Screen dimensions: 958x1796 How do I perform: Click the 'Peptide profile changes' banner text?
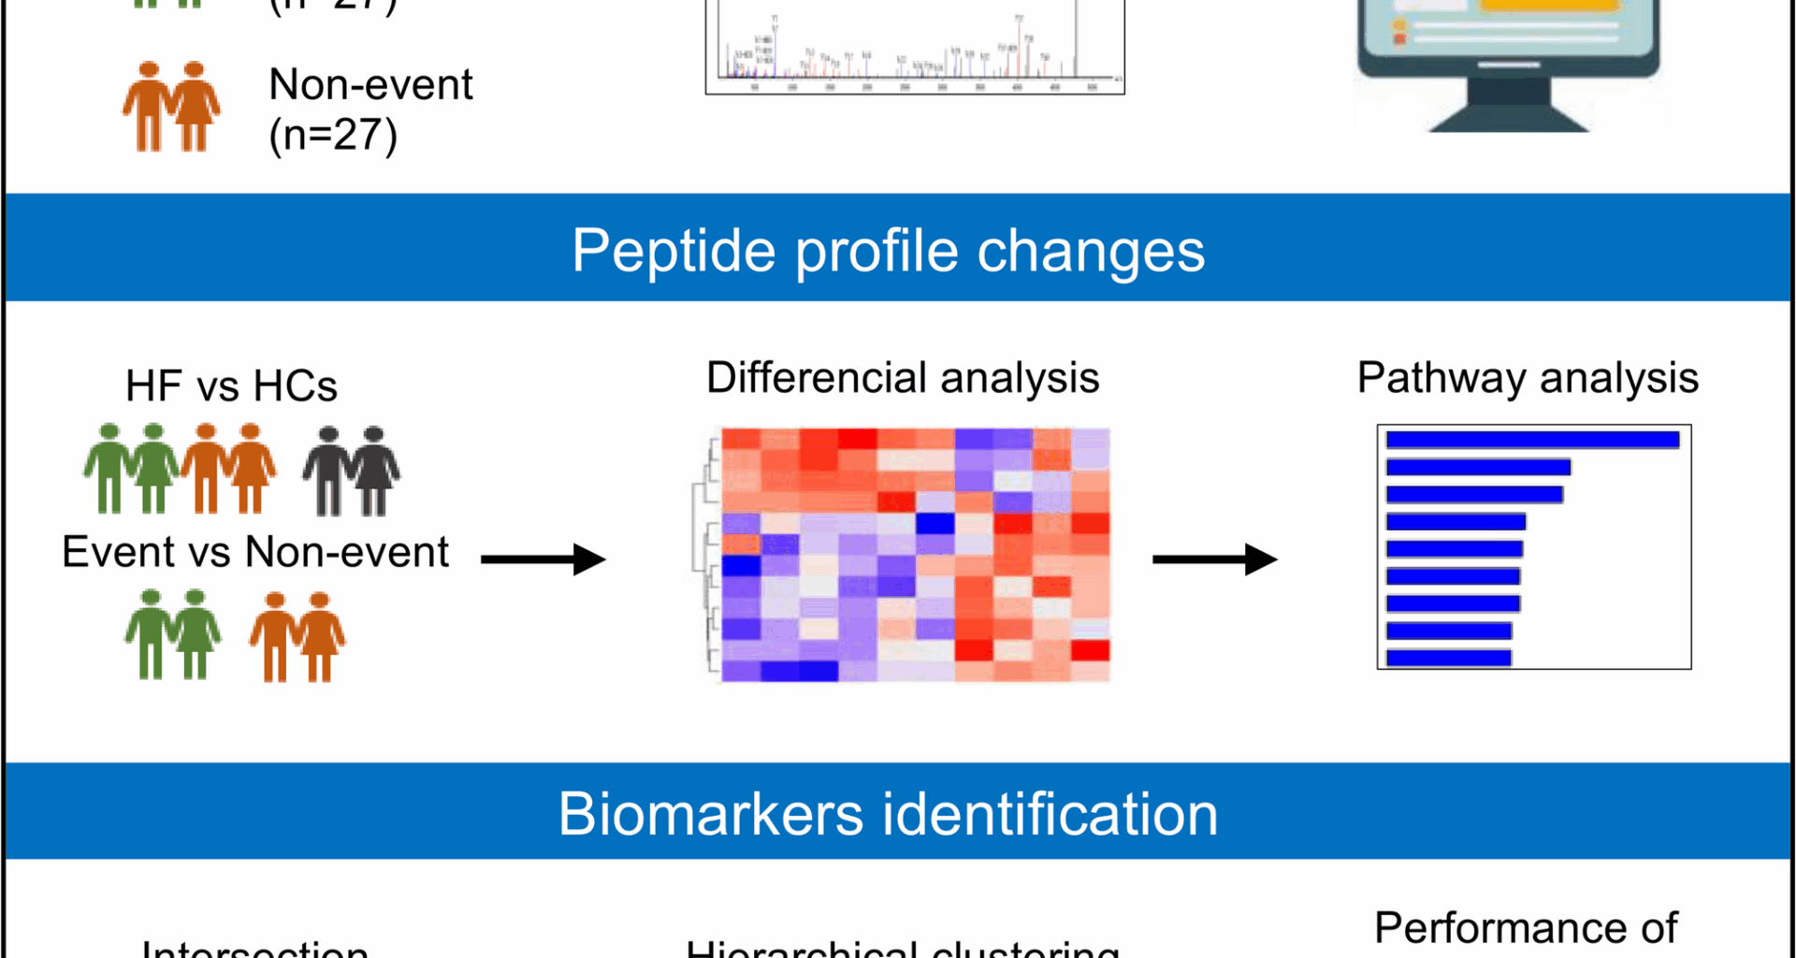coord(888,251)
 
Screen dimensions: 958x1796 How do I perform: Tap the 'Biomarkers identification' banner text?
coord(888,813)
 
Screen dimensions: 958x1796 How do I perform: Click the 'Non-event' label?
coord(370,85)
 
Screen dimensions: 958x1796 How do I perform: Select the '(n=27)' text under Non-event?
coord(333,136)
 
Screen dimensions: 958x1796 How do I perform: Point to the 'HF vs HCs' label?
coord(231,386)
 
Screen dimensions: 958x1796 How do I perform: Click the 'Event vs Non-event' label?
coord(254,552)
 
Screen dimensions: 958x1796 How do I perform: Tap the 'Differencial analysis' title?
coord(902,378)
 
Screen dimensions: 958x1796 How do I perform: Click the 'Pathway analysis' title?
coord(1527,378)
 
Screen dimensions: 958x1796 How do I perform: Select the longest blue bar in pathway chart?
coord(1532,440)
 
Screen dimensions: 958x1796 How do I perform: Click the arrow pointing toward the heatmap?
coord(543,559)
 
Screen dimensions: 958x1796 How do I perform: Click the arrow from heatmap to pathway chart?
coord(1214,559)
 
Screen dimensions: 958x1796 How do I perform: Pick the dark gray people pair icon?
coord(351,471)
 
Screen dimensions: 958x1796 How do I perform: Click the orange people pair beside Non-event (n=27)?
coord(171,107)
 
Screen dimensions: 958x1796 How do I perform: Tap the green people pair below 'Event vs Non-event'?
coord(173,634)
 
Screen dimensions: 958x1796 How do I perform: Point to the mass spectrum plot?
coord(914,47)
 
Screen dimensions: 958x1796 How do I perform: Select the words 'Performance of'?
coord(1526,928)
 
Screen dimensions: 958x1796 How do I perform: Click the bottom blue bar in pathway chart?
coord(1448,658)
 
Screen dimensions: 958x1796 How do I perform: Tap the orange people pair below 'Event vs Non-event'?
coord(297,636)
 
